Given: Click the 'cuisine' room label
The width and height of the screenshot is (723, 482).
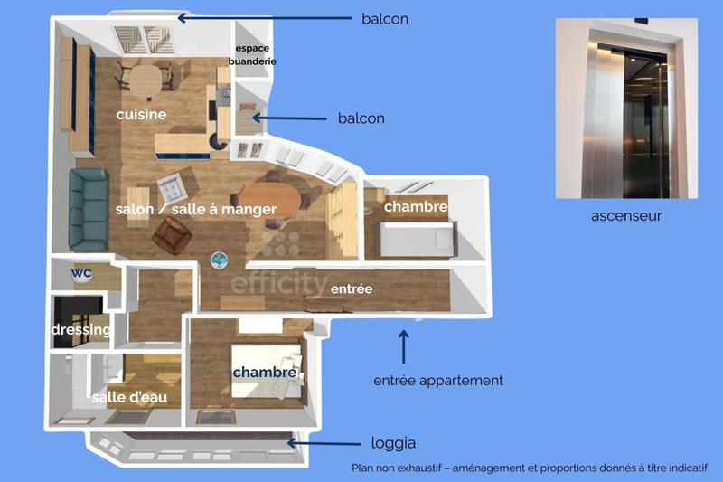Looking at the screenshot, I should [141, 115].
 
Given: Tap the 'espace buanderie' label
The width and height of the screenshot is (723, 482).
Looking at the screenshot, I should [255, 54].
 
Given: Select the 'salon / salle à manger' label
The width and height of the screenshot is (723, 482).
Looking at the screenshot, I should [195, 209].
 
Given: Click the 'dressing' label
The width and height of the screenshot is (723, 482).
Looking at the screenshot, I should [80, 330].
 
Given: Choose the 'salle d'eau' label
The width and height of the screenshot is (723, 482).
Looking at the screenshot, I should [129, 397].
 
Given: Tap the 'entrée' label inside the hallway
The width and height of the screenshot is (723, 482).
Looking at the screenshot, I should [352, 288].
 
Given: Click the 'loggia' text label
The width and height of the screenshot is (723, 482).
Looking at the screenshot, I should [394, 443].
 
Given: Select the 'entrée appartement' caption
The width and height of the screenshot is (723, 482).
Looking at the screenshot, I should [438, 381].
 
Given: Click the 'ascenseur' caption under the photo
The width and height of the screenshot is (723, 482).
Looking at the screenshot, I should [625, 215].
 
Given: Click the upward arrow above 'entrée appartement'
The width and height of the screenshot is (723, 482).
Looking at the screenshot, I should [404, 346].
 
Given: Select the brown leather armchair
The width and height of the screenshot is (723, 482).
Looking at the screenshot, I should [172, 236].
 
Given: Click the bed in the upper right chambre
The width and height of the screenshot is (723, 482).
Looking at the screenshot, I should [416, 239].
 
